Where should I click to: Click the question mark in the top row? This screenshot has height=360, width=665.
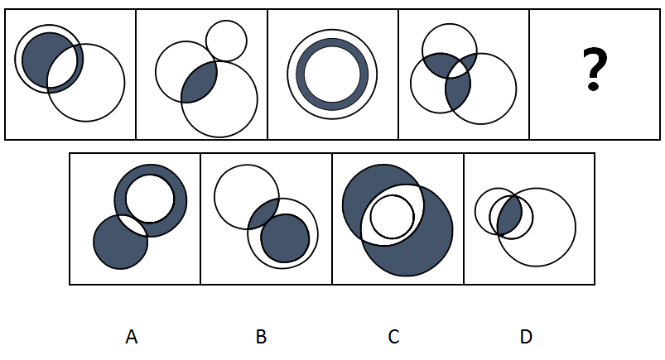(x=593, y=70)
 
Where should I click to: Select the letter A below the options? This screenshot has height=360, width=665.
(x=131, y=337)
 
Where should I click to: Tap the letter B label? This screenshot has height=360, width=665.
(x=262, y=337)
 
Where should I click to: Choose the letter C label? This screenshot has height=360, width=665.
(x=393, y=337)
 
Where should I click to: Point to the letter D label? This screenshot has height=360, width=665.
(x=526, y=337)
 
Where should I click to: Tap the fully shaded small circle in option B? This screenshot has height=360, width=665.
(x=286, y=238)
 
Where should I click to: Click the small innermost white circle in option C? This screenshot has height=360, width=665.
(x=391, y=216)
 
